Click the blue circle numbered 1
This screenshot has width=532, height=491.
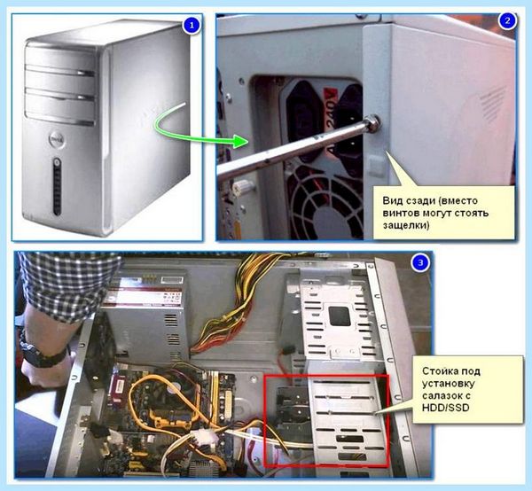[x=192, y=25]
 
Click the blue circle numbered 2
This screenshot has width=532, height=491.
[x=507, y=20]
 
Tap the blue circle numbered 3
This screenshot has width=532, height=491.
[x=420, y=262]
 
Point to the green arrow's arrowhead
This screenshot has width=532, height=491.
[x=241, y=141]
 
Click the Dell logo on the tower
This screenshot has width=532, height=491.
[x=57, y=140]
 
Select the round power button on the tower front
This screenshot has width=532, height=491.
[x=57, y=162]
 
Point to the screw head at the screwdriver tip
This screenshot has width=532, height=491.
[x=372, y=122]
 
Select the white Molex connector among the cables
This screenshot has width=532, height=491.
[x=204, y=437]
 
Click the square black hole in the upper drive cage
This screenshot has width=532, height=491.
[x=340, y=316]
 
